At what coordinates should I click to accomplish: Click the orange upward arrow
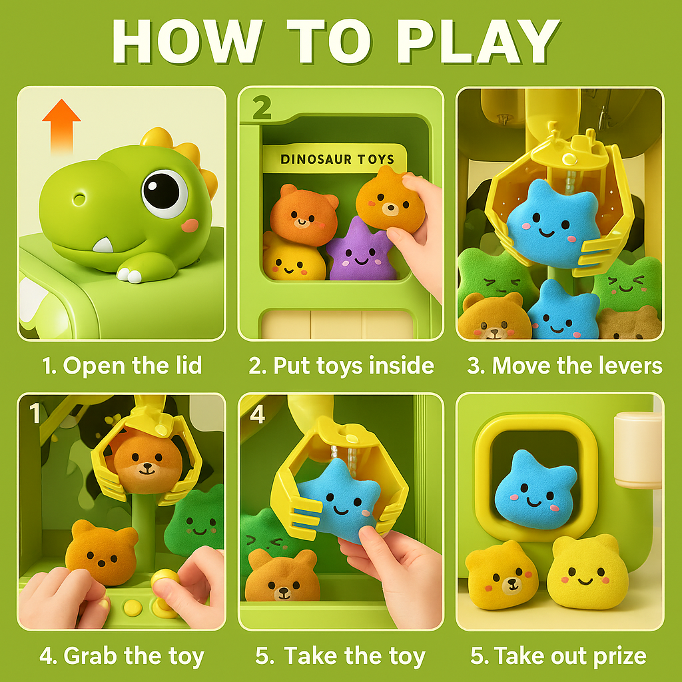61,126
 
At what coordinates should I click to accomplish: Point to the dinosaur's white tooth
103,245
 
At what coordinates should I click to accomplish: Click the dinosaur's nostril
79,200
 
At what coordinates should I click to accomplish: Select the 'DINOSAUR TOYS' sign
336,159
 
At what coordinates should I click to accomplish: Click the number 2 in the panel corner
262,107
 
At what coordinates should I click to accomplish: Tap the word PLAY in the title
478,42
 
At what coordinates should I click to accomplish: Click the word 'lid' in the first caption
188,365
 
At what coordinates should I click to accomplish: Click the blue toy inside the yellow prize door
536,491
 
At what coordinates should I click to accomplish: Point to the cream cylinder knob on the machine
637,450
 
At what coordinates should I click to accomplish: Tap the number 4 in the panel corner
258,414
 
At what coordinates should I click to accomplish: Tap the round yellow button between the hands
133,607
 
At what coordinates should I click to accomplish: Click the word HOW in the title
187,42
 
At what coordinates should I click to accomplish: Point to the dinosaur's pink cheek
190,225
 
